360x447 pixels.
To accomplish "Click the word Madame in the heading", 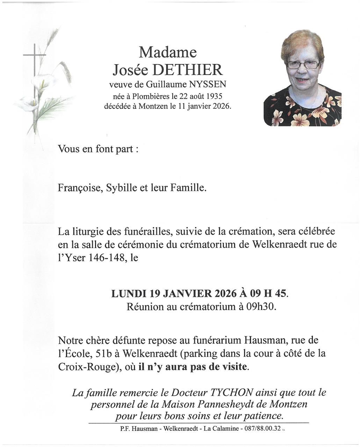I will tap(168, 52).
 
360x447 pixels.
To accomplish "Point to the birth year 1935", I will tap(214, 96).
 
